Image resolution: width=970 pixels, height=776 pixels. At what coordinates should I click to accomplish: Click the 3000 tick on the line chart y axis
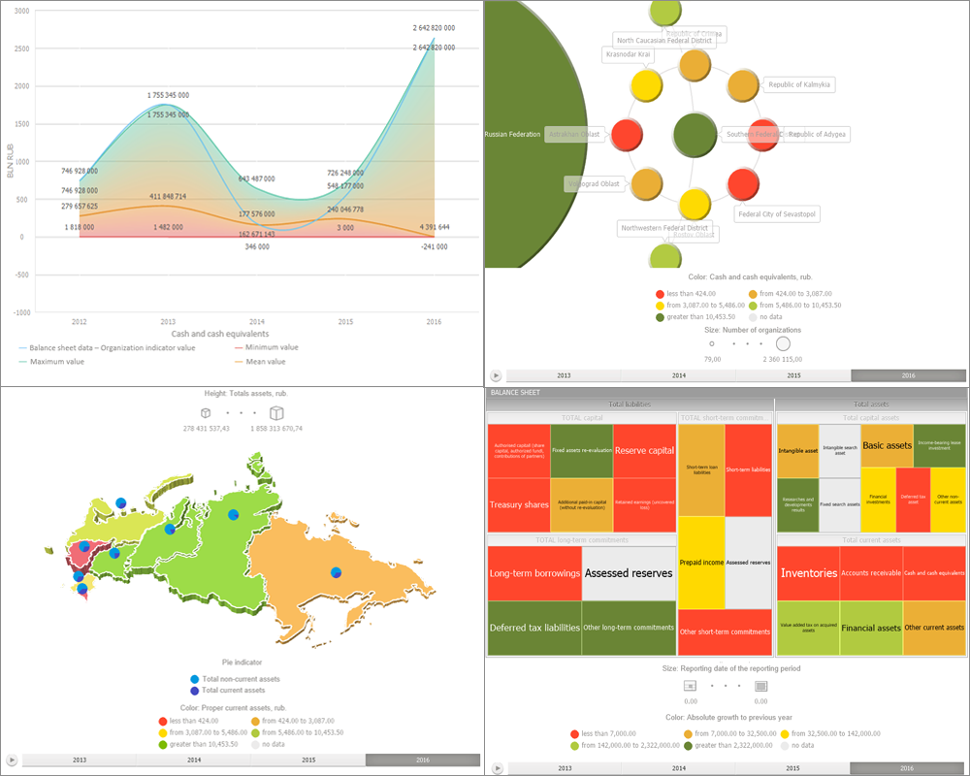pyautogui.click(x=20, y=11)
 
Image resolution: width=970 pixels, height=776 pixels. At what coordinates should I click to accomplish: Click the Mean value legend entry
pyautogui.click(x=264, y=362)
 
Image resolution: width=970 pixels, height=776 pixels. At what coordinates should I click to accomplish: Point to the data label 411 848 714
pyautogui.click(x=168, y=197)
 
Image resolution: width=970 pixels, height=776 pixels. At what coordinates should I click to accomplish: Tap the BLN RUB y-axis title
pyautogui.click(x=11, y=161)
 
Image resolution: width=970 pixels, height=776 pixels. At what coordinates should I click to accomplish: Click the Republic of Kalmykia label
pyautogui.click(x=800, y=84)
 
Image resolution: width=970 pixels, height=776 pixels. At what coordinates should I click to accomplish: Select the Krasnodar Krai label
pyautogui.click(x=628, y=55)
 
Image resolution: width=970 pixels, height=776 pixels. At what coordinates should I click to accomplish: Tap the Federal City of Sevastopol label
pyautogui.click(x=777, y=213)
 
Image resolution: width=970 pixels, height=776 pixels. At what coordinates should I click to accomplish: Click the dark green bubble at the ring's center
pyautogui.click(x=695, y=135)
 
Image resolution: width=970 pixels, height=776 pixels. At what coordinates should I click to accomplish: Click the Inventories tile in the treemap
pyautogui.click(x=809, y=573)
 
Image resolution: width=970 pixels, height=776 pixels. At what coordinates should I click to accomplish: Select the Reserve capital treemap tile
pyautogui.click(x=644, y=451)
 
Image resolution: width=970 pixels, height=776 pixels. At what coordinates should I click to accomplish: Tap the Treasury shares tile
pyautogui.click(x=519, y=505)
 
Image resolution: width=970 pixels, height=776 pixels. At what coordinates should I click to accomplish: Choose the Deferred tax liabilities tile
pyautogui.click(x=534, y=628)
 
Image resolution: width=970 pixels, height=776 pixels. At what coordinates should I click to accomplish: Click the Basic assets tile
pyautogui.click(x=887, y=445)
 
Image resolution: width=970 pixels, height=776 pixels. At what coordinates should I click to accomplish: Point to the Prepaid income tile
pyautogui.click(x=701, y=563)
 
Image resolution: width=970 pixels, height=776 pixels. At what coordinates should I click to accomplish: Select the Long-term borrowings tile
pyautogui.click(x=534, y=573)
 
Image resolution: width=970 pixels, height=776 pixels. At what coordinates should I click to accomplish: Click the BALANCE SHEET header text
pyautogui.click(x=515, y=393)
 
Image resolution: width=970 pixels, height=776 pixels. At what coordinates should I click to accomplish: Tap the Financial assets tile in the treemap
pyautogui.click(x=870, y=628)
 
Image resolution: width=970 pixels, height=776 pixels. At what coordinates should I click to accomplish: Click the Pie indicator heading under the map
pyautogui.click(x=242, y=661)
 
